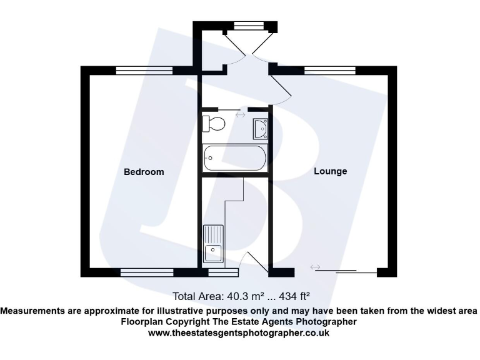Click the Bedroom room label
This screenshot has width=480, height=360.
(144, 172)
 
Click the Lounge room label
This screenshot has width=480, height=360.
(330, 171)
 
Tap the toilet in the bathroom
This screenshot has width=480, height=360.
(214, 123)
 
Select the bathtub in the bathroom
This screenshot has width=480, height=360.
(235, 159)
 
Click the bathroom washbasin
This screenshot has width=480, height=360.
(260, 128)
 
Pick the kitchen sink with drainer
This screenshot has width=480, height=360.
(214, 244)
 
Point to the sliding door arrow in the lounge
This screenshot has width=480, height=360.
(315, 267)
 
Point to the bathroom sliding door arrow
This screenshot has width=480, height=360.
(240, 114)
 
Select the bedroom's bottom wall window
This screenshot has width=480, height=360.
(147, 272)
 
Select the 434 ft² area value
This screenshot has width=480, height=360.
(294, 296)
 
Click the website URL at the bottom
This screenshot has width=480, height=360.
(239, 333)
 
